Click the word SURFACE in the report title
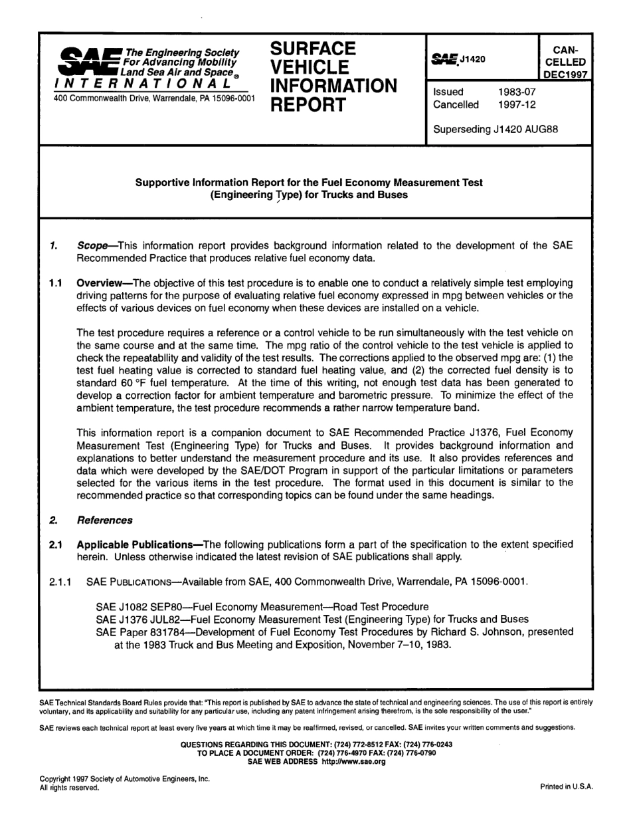click(313, 49)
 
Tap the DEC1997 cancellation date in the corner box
click(565, 74)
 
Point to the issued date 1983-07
click(517, 92)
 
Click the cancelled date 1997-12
click(517, 104)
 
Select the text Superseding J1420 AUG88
click(495, 129)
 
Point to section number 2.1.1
click(62, 582)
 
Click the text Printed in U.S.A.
click(566, 787)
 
